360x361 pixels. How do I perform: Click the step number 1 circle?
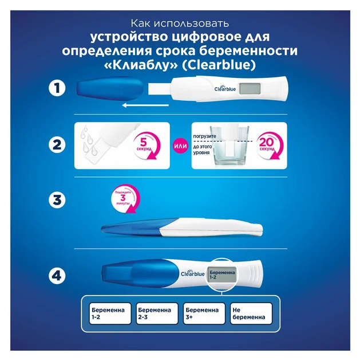coord(57,88)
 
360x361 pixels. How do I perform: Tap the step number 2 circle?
coord(57,145)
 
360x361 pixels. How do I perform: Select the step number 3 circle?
coord(57,200)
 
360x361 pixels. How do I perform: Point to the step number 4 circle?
coord(57,276)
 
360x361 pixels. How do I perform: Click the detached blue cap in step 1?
coord(110,89)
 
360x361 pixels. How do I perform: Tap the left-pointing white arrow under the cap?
coord(145,105)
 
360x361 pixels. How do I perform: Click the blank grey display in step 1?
coord(250,89)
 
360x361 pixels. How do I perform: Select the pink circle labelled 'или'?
coord(180,146)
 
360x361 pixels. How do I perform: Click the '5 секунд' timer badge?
coord(147,146)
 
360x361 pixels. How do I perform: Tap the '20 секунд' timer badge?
coord(270,146)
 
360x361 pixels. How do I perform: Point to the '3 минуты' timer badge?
coord(125,198)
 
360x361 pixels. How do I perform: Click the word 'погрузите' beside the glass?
coord(204,136)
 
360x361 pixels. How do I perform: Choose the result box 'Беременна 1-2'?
coord(110,313)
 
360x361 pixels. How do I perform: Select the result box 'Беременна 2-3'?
coord(157,313)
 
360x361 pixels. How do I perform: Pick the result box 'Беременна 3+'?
coord(204,313)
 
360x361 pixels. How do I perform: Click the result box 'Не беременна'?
coord(251,313)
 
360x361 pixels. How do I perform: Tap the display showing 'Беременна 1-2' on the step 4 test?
coord(222,274)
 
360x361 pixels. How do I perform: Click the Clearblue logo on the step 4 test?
coord(193,273)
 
